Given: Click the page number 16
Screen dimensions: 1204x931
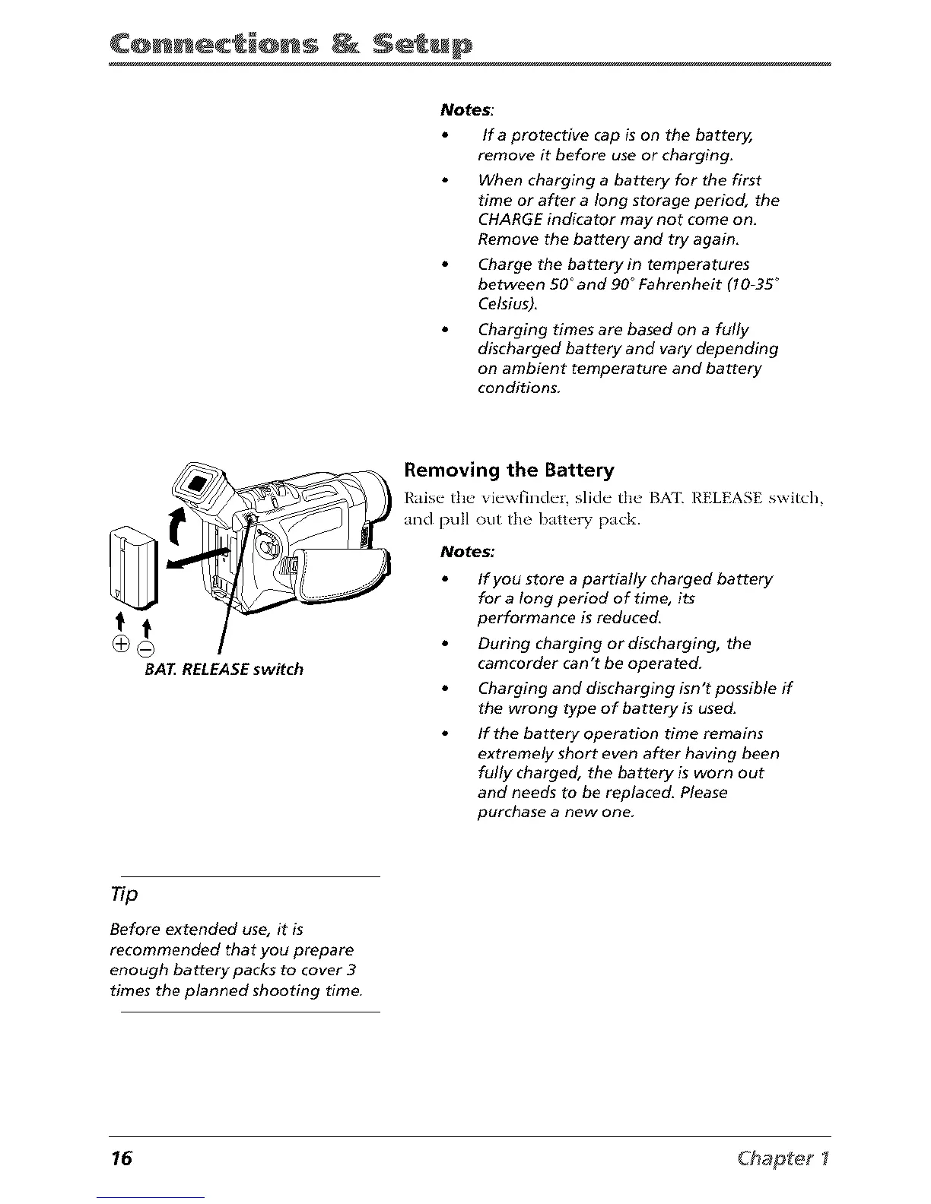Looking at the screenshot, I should click(x=121, y=1158).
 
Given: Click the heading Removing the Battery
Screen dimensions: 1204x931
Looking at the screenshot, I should click(x=509, y=470).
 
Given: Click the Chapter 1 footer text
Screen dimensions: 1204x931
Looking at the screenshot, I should click(x=787, y=1158).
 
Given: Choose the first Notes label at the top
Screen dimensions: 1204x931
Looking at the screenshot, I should click(x=466, y=110).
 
